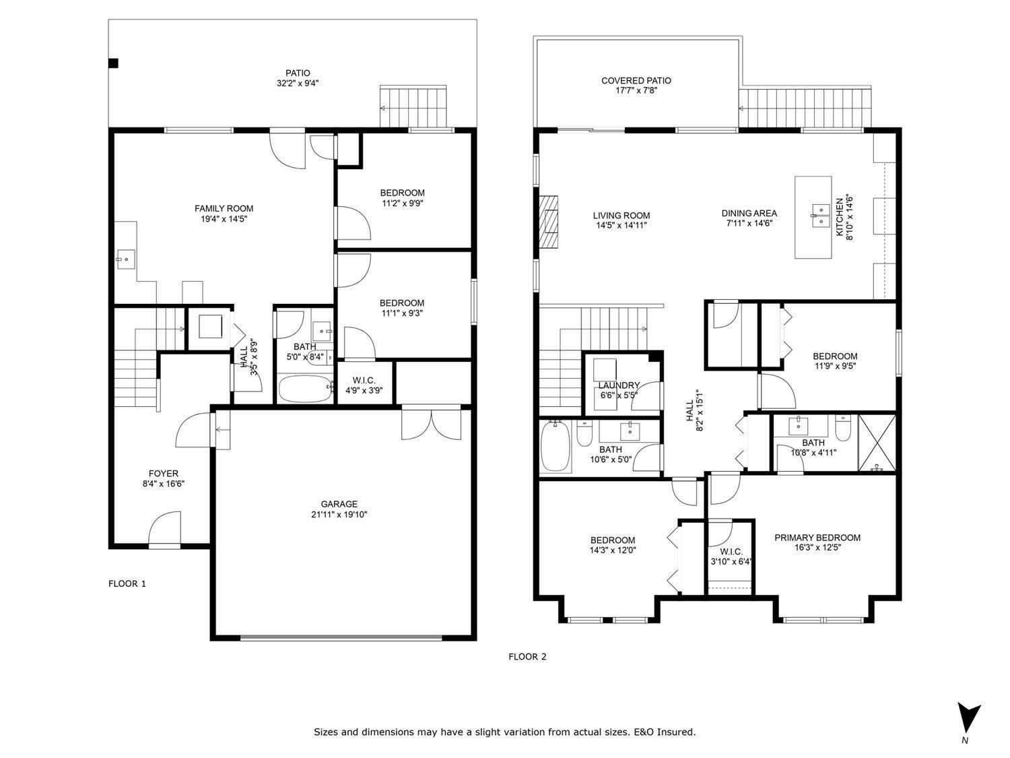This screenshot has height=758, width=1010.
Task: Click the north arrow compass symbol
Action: (x=969, y=718)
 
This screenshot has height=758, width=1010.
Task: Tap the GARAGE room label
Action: (x=339, y=504)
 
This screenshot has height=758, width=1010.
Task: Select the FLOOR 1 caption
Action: (x=127, y=583)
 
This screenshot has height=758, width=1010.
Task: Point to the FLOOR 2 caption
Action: (x=527, y=656)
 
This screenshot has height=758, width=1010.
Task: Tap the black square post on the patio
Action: (x=114, y=63)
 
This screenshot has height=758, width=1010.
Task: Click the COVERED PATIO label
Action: (x=636, y=81)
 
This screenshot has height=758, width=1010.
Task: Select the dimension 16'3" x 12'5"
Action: (x=817, y=548)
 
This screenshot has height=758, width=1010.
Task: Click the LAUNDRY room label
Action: (x=619, y=385)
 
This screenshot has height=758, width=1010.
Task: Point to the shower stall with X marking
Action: (x=877, y=443)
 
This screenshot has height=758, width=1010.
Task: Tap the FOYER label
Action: (x=163, y=474)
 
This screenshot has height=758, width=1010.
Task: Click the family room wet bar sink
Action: (x=125, y=257)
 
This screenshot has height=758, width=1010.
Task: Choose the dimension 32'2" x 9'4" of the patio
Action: (x=298, y=84)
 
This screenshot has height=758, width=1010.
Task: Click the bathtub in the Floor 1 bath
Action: (x=305, y=388)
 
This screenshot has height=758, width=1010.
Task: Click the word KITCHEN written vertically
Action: (x=840, y=216)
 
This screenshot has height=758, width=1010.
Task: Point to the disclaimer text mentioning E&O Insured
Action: (x=504, y=732)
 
